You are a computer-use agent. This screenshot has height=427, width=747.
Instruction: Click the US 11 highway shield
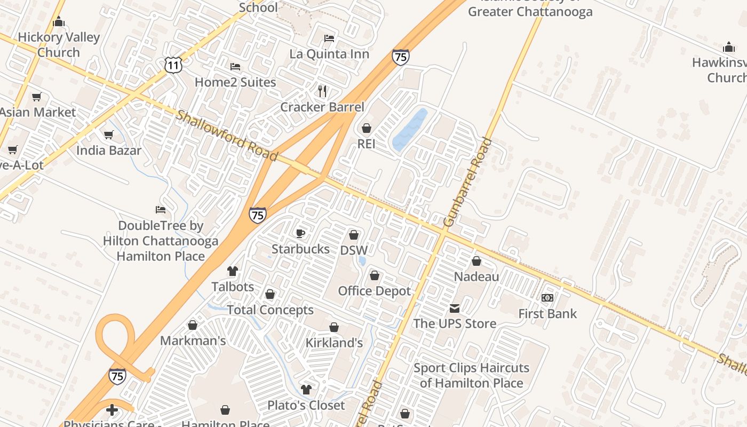(x=173, y=65)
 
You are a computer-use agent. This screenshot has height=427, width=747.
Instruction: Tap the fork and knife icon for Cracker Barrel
(x=322, y=91)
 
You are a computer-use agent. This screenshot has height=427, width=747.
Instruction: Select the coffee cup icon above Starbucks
(x=300, y=233)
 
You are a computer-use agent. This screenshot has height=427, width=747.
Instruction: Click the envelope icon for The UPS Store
(x=455, y=308)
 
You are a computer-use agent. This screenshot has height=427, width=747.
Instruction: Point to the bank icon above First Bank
(x=547, y=298)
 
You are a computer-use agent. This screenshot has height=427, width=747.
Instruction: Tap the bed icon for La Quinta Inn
(x=329, y=38)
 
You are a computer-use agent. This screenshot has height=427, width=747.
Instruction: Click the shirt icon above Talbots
(x=233, y=271)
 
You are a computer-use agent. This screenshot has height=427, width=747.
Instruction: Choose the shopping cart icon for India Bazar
(x=109, y=135)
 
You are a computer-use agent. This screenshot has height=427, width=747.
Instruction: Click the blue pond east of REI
(x=410, y=130)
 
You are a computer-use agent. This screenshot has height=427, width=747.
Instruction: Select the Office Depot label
(x=375, y=291)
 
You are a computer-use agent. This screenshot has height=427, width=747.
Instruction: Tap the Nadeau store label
(x=476, y=276)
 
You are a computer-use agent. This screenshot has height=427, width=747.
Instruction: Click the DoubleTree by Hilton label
(x=161, y=241)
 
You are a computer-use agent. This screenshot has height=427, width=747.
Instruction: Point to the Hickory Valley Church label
(x=59, y=45)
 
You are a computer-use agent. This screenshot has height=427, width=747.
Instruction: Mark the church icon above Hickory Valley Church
(x=59, y=22)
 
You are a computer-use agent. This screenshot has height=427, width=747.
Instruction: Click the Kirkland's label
(x=334, y=343)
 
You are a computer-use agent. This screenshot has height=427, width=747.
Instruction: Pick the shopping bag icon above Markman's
(x=193, y=325)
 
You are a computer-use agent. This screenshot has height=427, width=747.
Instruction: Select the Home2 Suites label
(x=235, y=82)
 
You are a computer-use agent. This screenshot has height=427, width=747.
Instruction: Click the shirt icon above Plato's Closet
(x=306, y=389)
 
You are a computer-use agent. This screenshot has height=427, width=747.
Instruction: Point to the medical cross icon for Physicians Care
(x=112, y=410)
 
